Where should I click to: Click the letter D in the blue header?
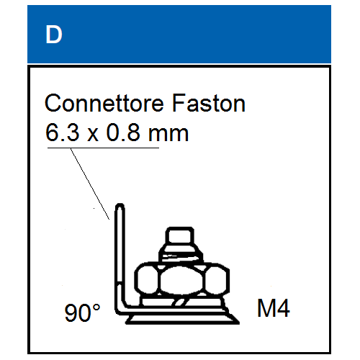tap(54, 35)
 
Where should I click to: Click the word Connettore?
tap(104, 103)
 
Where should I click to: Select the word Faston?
tap(209, 103)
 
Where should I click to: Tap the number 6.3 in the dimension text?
tap(63, 132)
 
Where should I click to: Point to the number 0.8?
tap(123, 132)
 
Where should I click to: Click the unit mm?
tap(168, 135)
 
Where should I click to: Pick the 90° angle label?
tap(82, 312)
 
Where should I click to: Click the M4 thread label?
tap(274, 308)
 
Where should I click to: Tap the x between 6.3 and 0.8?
tap(93, 135)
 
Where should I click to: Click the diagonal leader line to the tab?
tap(90, 184)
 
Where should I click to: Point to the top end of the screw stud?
tap(180, 228)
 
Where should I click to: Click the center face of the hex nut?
tap(181, 279)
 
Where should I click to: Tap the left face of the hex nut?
tap(146, 279)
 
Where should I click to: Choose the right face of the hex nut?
tap(217, 279)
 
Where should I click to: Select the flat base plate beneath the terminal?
tap(182, 320)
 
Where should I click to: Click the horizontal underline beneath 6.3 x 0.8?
tap(103, 148)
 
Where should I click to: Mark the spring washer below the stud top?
tap(181, 256)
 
